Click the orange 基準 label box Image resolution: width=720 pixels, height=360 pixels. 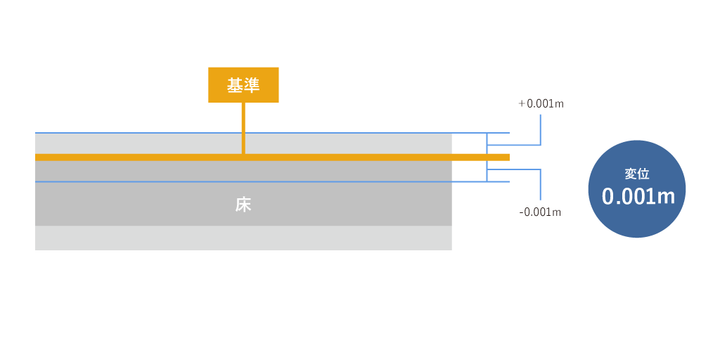243,84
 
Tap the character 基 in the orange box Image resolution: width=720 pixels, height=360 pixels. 234,85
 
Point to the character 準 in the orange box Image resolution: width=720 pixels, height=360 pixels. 252,85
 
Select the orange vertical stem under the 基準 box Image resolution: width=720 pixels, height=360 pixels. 243,128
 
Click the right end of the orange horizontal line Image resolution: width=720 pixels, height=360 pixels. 506,157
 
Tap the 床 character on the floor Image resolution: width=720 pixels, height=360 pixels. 243,205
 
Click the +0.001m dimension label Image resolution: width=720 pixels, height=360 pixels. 541,104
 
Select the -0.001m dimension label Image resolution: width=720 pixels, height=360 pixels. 540,212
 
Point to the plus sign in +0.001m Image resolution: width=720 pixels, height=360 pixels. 522,104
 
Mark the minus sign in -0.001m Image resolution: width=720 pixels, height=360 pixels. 521,212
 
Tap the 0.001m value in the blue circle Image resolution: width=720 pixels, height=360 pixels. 638,197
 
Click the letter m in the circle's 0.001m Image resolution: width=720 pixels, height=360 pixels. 666,198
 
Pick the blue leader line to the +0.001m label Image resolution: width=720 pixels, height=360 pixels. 540,130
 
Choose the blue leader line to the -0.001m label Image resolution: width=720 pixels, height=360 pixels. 540,184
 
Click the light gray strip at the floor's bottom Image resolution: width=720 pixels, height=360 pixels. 243,238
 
